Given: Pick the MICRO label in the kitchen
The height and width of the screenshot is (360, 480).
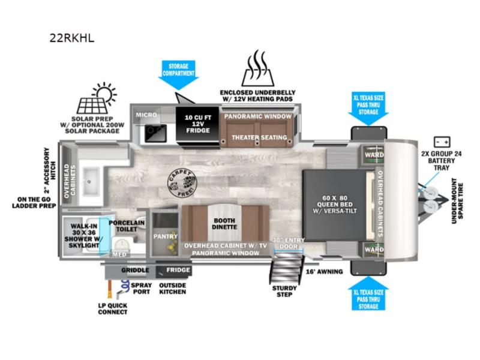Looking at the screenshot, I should (146, 114).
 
